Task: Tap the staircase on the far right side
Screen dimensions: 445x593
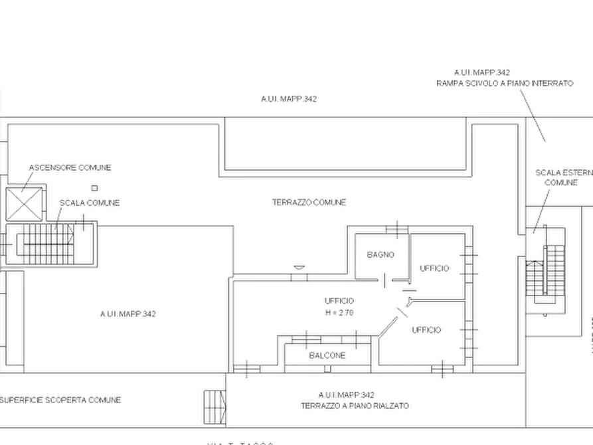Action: click(549, 273)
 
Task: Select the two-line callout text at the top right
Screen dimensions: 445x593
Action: click(503, 78)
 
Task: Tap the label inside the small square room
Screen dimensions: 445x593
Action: click(381, 254)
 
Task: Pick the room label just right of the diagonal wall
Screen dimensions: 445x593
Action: click(427, 329)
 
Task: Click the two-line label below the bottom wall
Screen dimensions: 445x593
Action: click(355, 398)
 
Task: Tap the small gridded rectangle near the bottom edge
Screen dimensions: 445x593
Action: click(212, 406)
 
